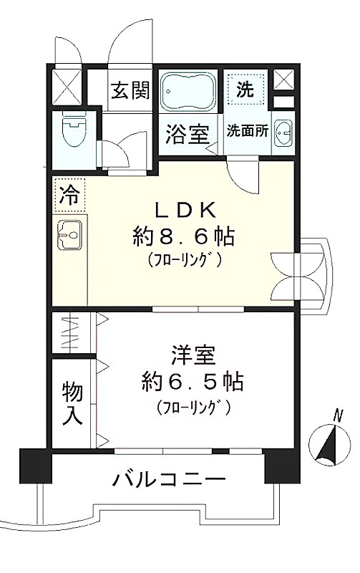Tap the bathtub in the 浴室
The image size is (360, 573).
[188, 90]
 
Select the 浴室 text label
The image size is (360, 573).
[188, 134]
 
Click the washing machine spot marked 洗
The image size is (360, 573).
[245, 87]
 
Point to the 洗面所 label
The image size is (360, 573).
[248, 131]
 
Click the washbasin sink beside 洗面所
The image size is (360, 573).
[284, 133]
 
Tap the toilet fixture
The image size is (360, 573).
[74, 130]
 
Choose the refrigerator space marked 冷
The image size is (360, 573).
[69, 196]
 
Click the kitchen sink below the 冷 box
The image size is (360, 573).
[69, 235]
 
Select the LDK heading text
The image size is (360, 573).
[184, 210]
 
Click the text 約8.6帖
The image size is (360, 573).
[183, 237]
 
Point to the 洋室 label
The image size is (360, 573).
[193, 355]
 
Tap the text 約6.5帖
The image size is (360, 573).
[193, 382]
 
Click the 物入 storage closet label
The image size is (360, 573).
[72, 403]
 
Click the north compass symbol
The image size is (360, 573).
[329, 446]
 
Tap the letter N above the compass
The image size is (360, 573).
[339, 416]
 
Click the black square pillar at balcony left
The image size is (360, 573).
[36, 465]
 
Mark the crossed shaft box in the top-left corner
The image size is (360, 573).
[67, 86]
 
